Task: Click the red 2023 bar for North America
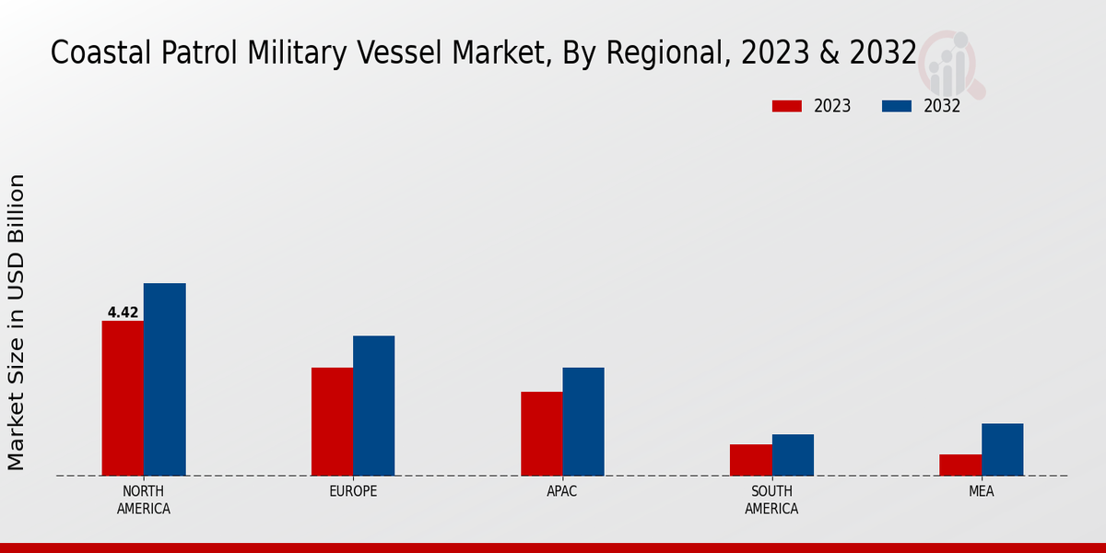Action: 123,398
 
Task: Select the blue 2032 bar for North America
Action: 165,379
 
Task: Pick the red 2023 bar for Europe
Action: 332,421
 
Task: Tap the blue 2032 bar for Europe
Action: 374,406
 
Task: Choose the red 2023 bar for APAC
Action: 542,433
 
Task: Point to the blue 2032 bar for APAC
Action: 583,421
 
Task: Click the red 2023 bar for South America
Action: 751,460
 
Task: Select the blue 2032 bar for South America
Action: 793,454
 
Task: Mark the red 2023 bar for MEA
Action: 960,465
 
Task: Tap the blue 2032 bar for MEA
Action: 1002,449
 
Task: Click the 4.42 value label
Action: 123,312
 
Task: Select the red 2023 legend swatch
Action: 786,106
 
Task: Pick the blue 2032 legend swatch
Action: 896,106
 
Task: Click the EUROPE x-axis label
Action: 353,491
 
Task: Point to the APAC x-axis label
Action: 562,491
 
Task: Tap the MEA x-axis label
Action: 982,491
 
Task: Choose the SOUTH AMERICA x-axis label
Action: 771,500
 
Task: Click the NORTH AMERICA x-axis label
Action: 144,500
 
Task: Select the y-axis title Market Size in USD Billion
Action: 17,322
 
